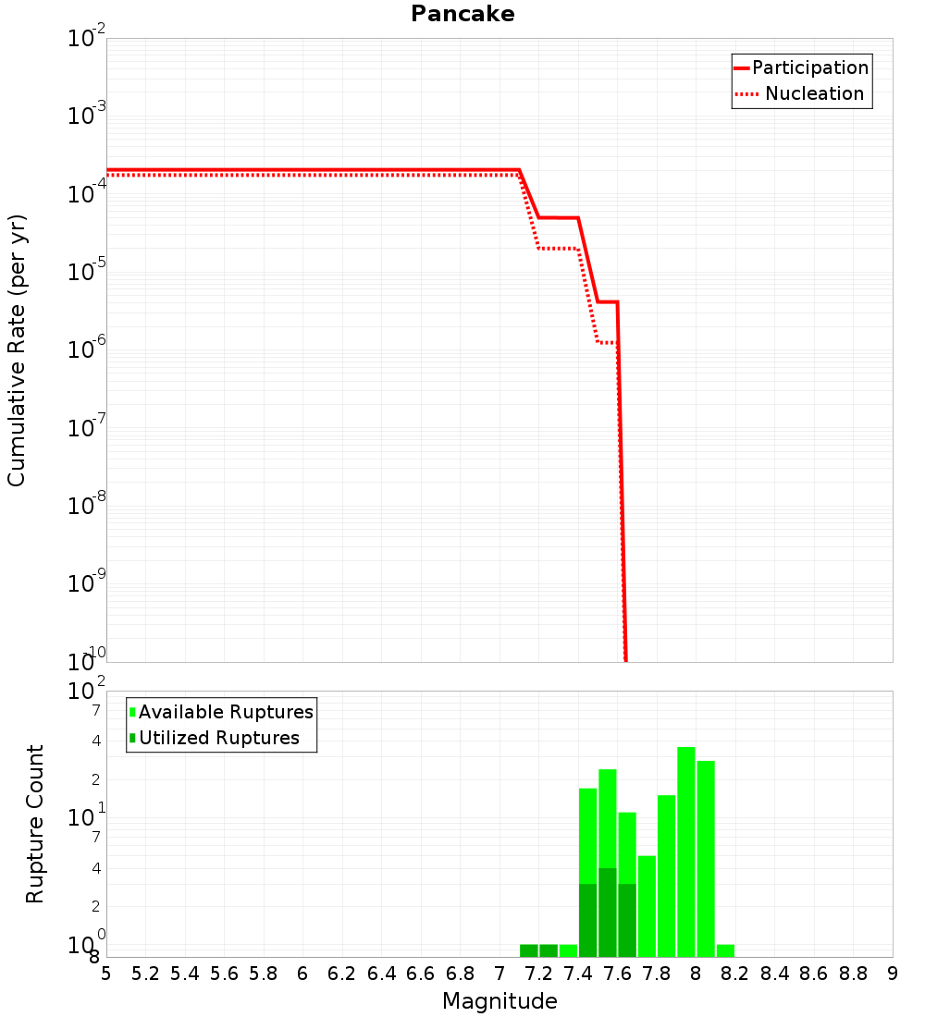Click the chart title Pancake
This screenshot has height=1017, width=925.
[x=462, y=14]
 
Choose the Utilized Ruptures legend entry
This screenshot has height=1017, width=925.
[x=218, y=738]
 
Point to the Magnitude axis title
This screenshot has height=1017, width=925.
[x=499, y=1001]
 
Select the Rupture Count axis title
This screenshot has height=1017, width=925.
[x=35, y=823]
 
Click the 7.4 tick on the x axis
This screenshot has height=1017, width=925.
[x=578, y=974]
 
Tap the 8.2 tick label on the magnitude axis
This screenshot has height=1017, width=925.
[x=735, y=974]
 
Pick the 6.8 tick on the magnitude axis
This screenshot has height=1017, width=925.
[x=460, y=974]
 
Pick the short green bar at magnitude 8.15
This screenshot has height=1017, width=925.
[x=725, y=950]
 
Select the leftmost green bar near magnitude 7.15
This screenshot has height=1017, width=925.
[x=529, y=950]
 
